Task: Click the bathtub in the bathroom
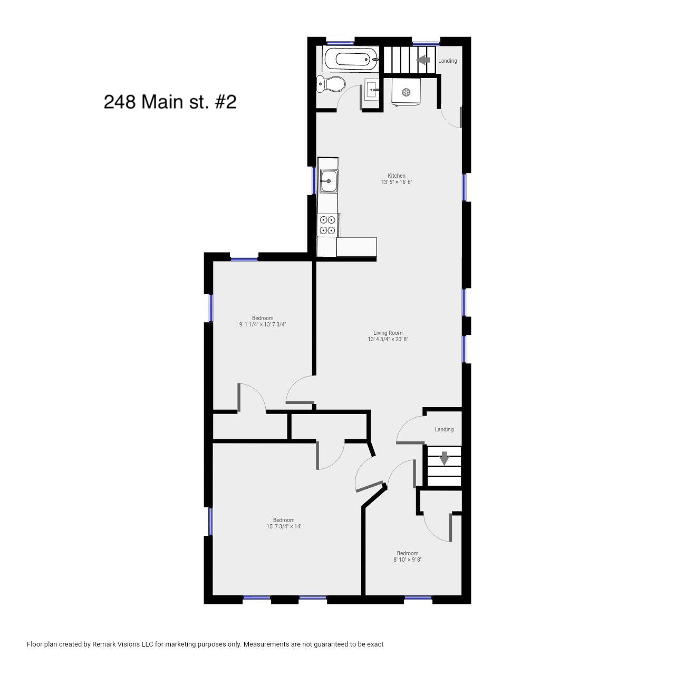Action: [x=351, y=60]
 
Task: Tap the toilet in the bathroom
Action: [x=331, y=84]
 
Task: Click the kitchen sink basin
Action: [x=329, y=181]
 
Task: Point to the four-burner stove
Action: [x=328, y=225]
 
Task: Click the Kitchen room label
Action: [x=396, y=176]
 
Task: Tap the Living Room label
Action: [x=388, y=333]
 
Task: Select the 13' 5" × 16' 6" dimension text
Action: [x=397, y=182]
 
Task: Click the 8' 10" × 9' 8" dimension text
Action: [x=408, y=560]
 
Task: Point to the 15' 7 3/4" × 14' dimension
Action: [x=284, y=526]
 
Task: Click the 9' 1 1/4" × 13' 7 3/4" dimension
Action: [x=263, y=324]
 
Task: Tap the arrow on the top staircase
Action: [x=423, y=60]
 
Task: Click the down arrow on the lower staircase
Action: [x=444, y=458]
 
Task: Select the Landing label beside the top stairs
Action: [x=447, y=61]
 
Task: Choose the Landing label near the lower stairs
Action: [x=444, y=429]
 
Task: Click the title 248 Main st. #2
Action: [x=170, y=102]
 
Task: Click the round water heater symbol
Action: [x=407, y=92]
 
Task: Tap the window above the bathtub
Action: [x=341, y=43]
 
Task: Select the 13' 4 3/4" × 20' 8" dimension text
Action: [x=388, y=339]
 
